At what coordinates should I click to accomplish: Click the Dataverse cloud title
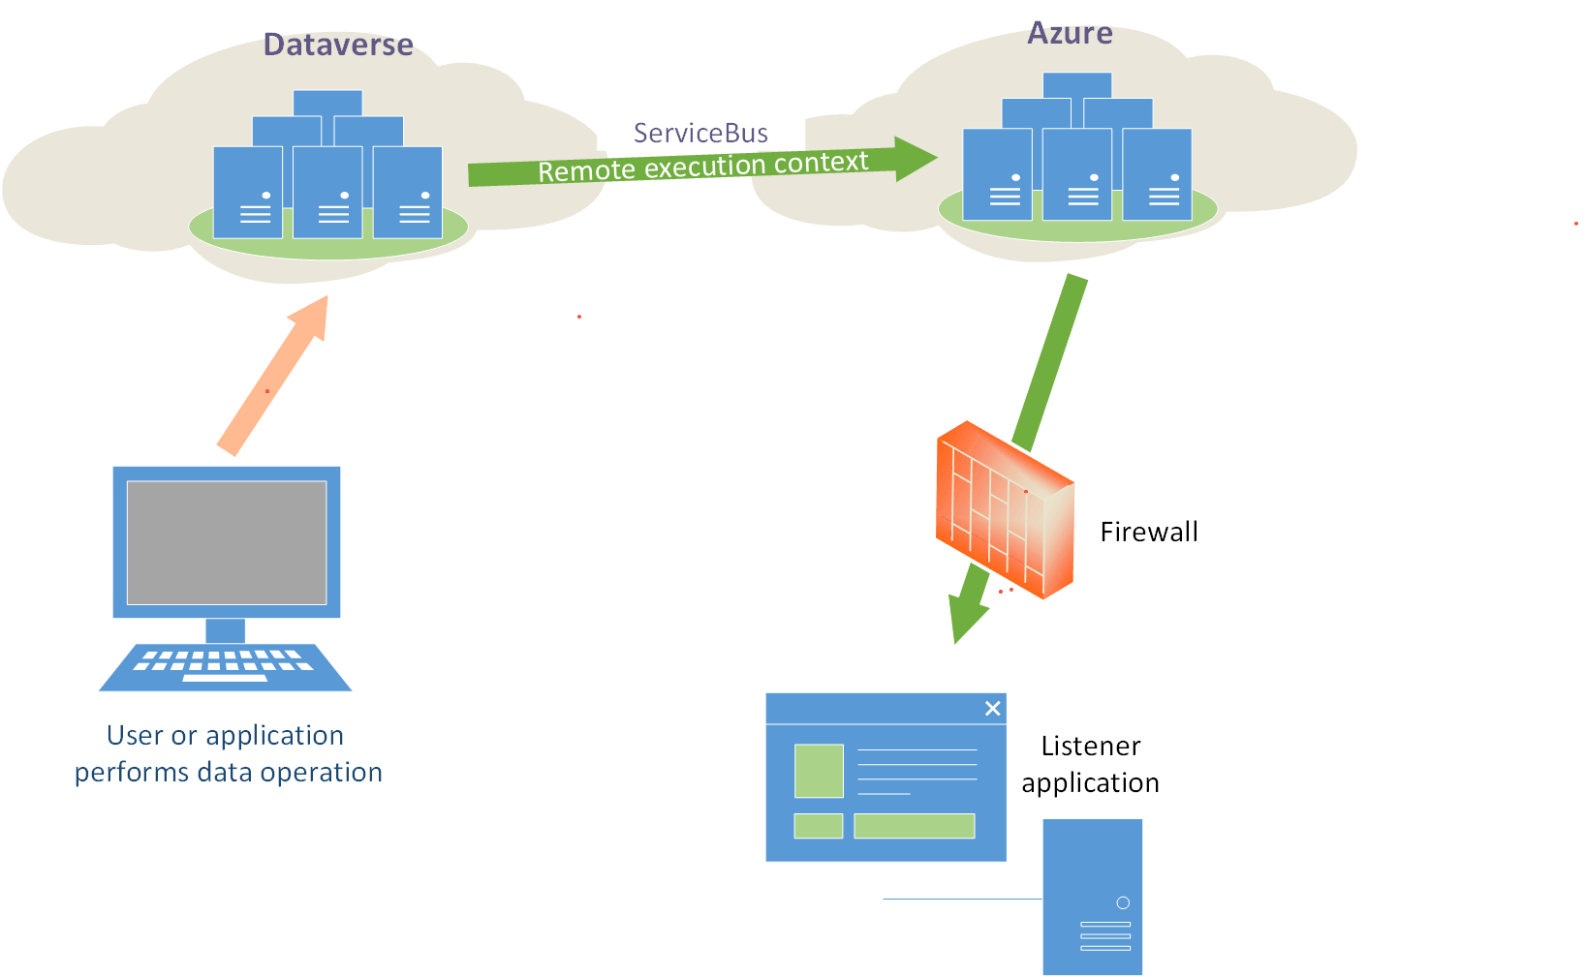(x=338, y=45)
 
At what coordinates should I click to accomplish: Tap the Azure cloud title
(x=1070, y=33)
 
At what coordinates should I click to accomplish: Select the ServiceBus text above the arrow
(x=700, y=133)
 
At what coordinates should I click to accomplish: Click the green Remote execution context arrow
(x=702, y=166)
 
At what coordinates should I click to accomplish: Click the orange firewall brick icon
(x=1005, y=510)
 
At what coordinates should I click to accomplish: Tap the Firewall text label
(x=1149, y=532)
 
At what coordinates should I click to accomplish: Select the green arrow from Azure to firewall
(x=1050, y=363)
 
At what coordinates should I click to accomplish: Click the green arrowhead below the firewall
(x=967, y=610)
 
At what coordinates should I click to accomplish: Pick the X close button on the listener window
(x=992, y=709)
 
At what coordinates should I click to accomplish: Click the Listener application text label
(x=1090, y=764)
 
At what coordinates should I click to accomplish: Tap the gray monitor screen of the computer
(x=227, y=542)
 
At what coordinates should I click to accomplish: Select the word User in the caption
(x=135, y=736)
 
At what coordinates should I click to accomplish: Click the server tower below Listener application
(x=1092, y=896)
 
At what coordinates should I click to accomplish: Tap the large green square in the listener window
(x=819, y=771)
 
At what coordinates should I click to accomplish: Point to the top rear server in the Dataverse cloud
(x=327, y=103)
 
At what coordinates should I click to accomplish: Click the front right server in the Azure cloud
(x=1157, y=174)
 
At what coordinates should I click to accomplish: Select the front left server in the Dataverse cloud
(x=248, y=192)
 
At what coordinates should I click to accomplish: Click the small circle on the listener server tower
(x=1123, y=902)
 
